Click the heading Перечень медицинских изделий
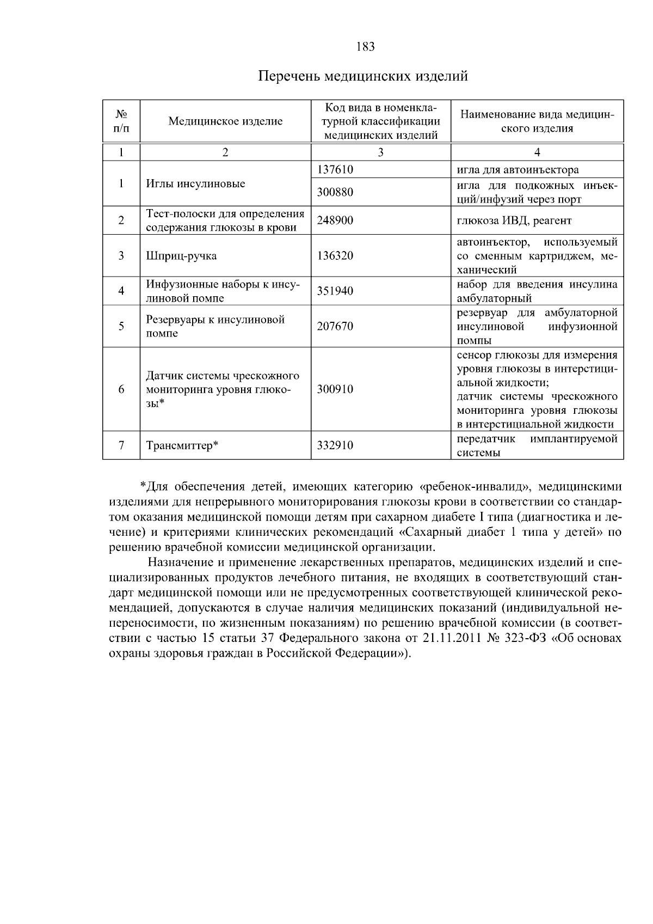[x=362, y=76]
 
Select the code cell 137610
[x=335, y=170]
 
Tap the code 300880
[x=335, y=192]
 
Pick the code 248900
[x=335, y=221]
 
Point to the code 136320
[x=335, y=255]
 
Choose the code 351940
[x=335, y=291]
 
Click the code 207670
[x=335, y=326]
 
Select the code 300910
[x=335, y=389]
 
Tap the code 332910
[x=335, y=446]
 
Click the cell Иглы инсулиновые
[x=196, y=183]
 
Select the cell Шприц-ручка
[x=181, y=255]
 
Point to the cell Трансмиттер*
[x=182, y=446]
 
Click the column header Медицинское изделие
[x=225, y=121]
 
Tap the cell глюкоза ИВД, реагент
[x=514, y=221]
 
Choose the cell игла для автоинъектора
[x=518, y=170]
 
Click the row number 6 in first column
[x=121, y=389]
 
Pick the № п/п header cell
[x=121, y=121]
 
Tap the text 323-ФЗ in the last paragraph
[x=527, y=638]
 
